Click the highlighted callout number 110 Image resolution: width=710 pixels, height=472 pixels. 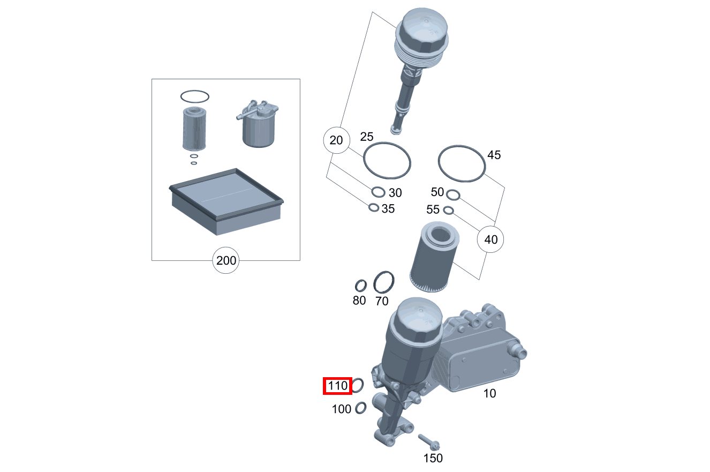pyautogui.click(x=337, y=385)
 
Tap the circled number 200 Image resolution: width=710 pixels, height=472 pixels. pyautogui.click(x=226, y=261)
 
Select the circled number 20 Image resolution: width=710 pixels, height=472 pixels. pyautogui.click(x=336, y=141)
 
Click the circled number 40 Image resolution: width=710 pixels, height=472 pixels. pyautogui.click(x=490, y=239)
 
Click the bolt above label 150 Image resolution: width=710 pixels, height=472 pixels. pyautogui.click(x=429, y=441)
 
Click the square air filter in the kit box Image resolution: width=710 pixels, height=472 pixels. pyautogui.click(x=226, y=201)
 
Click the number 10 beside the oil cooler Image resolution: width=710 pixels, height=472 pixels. pyautogui.click(x=489, y=394)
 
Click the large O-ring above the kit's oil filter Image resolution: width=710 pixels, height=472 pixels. pyautogui.click(x=181, y=97)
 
